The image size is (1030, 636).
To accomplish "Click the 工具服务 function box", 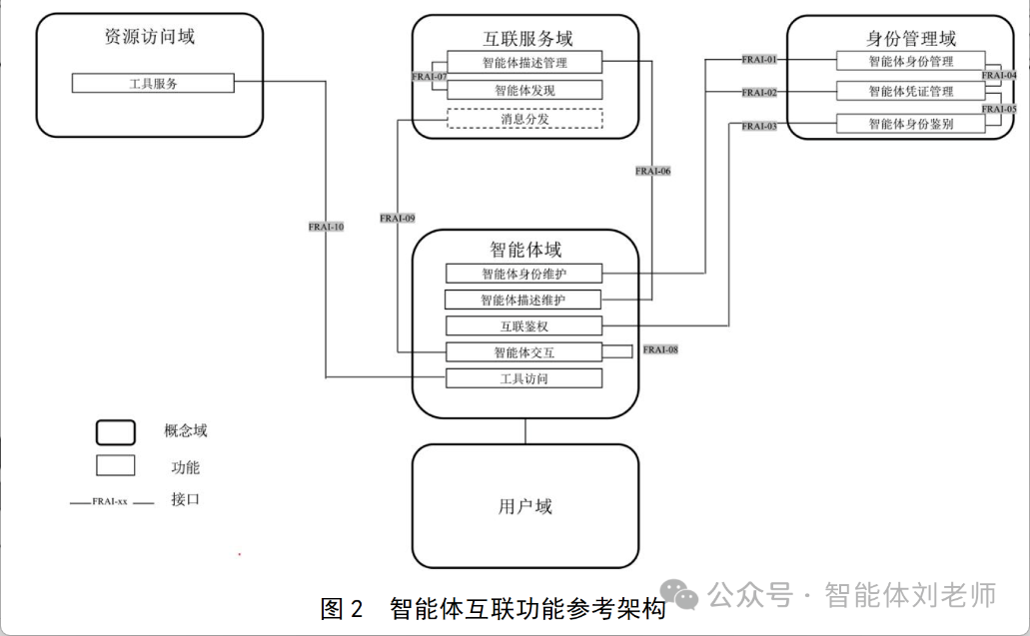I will pyautogui.click(x=153, y=83).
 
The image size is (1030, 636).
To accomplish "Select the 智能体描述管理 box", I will pyautogui.click(x=524, y=62).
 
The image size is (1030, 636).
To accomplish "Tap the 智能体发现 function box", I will pyautogui.click(x=524, y=90).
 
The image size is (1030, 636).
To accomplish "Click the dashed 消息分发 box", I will pyautogui.click(x=524, y=119).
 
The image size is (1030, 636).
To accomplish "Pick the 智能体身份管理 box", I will pyautogui.click(x=909, y=61).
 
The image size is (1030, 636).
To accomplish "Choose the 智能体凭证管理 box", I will pyautogui.click(x=909, y=91).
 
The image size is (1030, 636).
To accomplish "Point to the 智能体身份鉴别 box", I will pyautogui.click(x=909, y=124).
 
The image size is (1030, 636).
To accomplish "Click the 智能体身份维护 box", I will pyautogui.click(x=524, y=273).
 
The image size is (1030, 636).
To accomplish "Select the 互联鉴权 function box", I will pyautogui.click(x=524, y=325).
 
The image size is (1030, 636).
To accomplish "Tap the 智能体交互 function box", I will pyautogui.click(x=524, y=351).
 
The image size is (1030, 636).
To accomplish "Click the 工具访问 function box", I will pyautogui.click(x=524, y=378).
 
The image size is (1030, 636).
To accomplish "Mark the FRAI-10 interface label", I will pyautogui.click(x=327, y=227).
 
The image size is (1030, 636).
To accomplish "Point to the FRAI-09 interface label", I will pyautogui.click(x=398, y=218).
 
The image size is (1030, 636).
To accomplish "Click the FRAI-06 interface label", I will pyautogui.click(x=652, y=171).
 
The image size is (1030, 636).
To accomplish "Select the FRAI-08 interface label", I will pyautogui.click(x=660, y=349).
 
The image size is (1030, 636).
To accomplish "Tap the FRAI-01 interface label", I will pyautogui.click(x=759, y=60).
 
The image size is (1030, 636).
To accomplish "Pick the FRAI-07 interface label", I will pyautogui.click(x=430, y=76).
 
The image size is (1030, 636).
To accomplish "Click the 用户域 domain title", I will pyautogui.click(x=524, y=506).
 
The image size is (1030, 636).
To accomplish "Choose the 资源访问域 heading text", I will pyautogui.click(x=150, y=37).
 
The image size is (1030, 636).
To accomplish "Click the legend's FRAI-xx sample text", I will pyautogui.click(x=109, y=501).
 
